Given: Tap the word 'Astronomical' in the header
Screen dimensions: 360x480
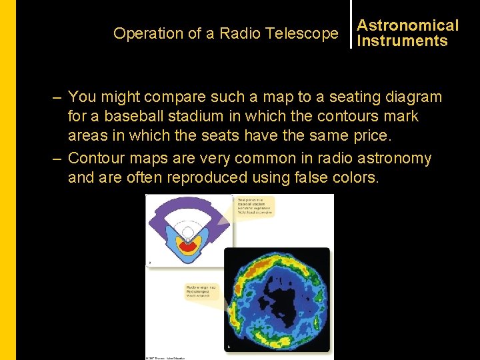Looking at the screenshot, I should point(408,25).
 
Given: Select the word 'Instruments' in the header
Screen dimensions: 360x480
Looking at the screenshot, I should point(402,41).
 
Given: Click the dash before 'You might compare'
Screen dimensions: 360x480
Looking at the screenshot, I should point(58,97).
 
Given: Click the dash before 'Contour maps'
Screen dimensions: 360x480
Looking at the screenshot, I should point(58,159).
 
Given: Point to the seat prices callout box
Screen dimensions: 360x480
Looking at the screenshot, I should point(254,206).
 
